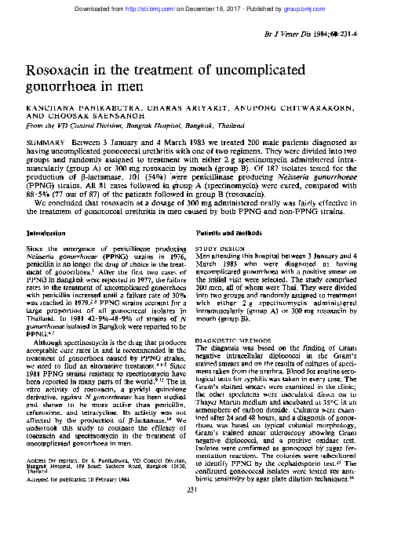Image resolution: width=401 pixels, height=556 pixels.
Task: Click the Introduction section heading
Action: (x=46, y=234)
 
